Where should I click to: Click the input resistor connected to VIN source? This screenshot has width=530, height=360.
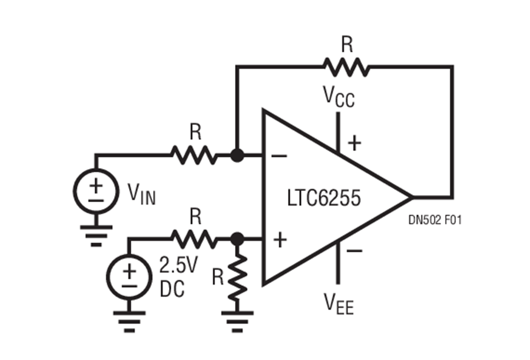click(194, 156)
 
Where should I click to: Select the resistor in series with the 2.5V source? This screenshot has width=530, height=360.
click(194, 239)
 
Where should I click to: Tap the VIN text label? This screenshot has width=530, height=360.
click(141, 193)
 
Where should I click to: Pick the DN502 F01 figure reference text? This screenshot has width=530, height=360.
click(434, 220)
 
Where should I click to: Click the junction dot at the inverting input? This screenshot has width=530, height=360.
click(237, 156)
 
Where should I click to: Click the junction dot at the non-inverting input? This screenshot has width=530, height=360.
click(237, 239)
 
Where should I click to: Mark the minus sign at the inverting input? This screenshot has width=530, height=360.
click(279, 157)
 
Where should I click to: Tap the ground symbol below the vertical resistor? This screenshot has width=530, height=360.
click(236, 319)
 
